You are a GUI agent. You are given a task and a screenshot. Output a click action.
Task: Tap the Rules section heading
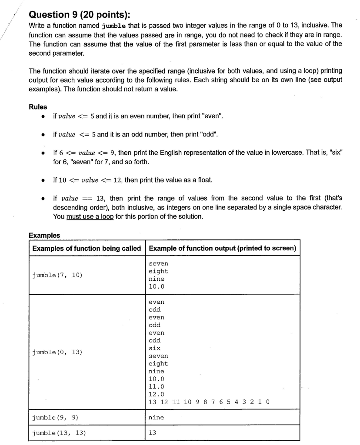click(x=38, y=107)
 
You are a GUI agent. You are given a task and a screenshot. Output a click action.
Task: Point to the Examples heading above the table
click(x=44, y=235)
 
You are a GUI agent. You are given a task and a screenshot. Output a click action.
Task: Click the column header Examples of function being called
click(x=87, y=248)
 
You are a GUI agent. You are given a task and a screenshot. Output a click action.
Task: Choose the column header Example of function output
click(x=222, y=248)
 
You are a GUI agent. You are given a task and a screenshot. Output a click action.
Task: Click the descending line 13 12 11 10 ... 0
click(x=209, y=402)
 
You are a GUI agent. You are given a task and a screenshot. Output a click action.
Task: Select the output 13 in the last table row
click(x=152, y=433)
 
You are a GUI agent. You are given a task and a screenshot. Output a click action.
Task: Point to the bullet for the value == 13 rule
click(x=43, y=198)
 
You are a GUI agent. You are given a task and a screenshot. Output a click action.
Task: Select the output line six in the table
click(x=154, y=348)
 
